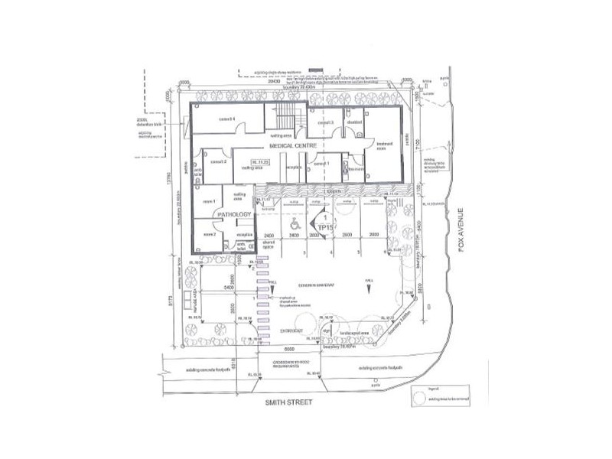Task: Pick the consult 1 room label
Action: coord(322,164)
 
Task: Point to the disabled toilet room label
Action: coord(353,122)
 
